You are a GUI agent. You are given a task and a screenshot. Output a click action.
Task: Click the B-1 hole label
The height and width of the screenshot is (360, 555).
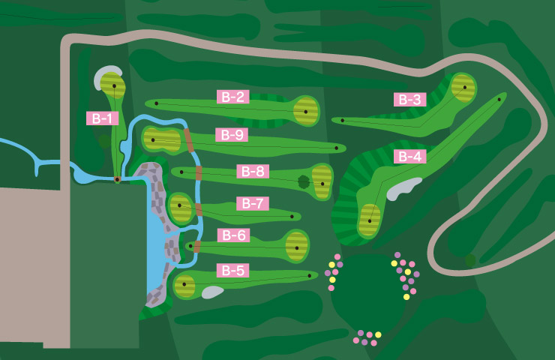click(x=102, y=118)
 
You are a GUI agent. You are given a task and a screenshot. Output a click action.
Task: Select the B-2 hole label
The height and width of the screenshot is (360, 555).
click(x=233, y=96)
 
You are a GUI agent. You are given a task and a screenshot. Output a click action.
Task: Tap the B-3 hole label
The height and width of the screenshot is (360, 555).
click(x=409, y=99)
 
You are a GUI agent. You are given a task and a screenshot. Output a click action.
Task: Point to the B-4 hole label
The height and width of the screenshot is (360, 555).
click(x=409, y=156)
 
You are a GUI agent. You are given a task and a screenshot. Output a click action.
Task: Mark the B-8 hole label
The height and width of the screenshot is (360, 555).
click(x=253, y=171)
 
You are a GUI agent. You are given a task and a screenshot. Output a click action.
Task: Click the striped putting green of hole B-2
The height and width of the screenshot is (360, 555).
click(x=304, y=112)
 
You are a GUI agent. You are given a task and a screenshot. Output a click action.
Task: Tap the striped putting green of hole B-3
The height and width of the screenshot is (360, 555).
click(x=464, y=88)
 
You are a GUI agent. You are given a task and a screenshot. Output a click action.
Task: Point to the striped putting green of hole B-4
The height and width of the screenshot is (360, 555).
click(x=369, y=219)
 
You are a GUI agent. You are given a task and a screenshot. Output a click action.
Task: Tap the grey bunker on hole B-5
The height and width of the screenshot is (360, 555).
click(x=212, y=292)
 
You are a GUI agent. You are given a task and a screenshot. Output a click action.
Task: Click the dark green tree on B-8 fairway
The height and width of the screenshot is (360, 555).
click(x=304, y=181)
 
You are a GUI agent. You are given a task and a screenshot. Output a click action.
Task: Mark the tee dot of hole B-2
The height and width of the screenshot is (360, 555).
click(x=156, y=103)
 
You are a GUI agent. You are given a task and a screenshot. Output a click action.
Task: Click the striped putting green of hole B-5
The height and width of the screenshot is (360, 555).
click(x=184, y=286)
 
